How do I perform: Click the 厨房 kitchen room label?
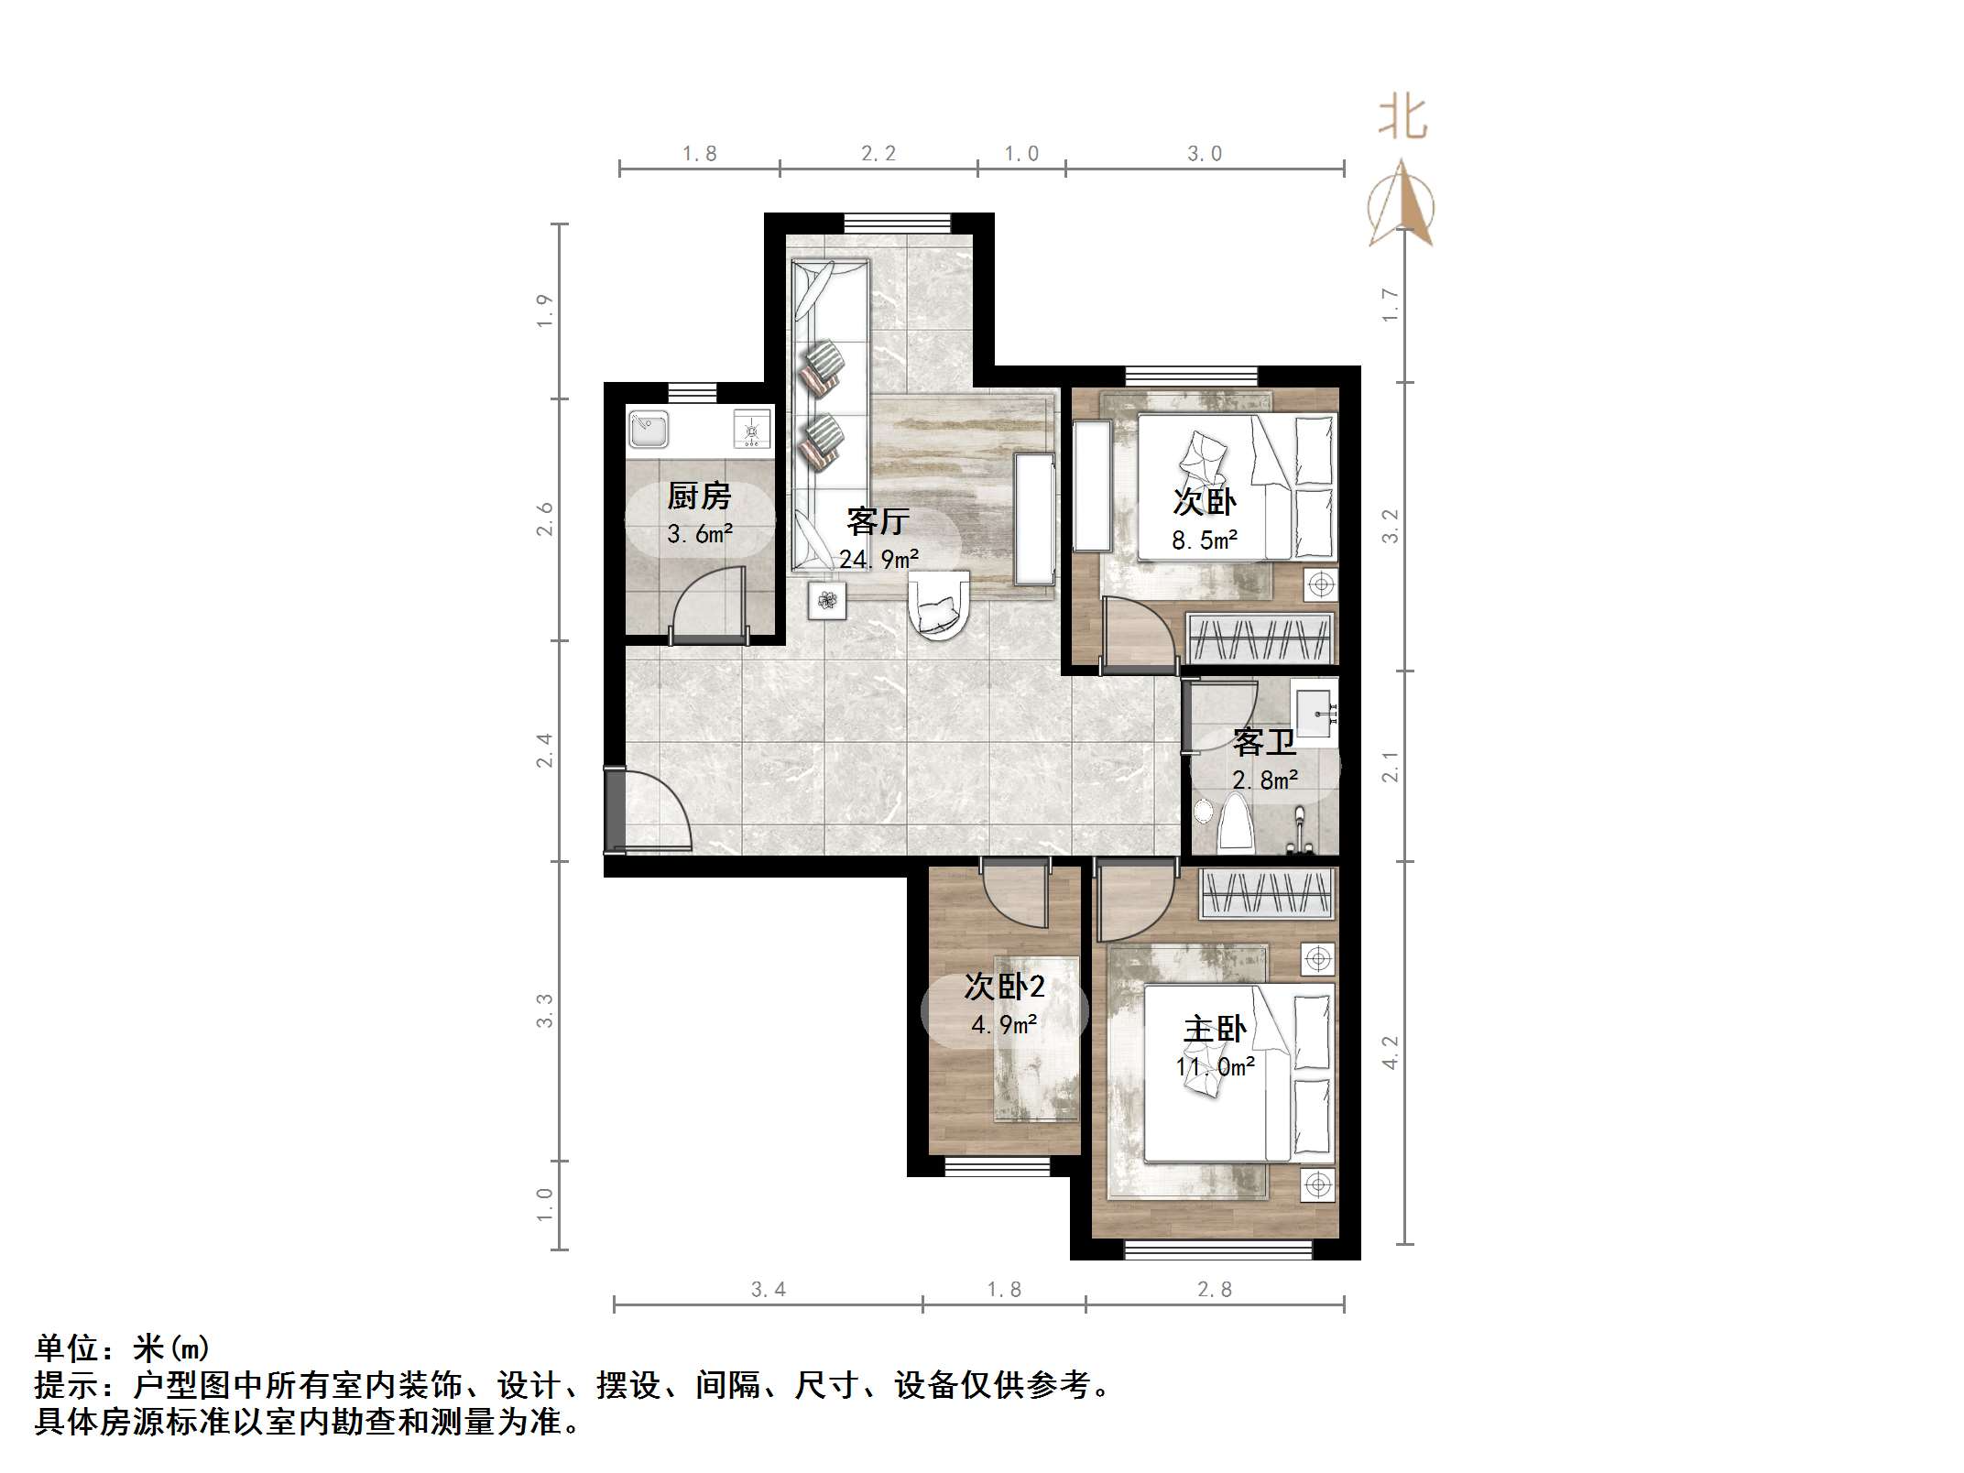(x=699, y=496)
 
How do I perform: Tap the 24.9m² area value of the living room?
(x=878, y=559)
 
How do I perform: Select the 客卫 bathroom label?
(x=1264, y=742)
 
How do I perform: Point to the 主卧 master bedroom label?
(x=1215, y=1030)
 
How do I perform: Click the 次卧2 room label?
(x=1004, y=987)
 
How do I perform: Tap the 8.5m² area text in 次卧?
(x=1205, y=540)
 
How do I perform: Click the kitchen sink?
(x=649, y=429)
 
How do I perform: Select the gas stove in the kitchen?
(x=752, y=429)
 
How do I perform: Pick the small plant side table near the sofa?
(x=827, y=601)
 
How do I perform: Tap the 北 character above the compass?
(x=1402, y=120)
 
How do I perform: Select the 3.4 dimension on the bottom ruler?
(x=768, y=1290)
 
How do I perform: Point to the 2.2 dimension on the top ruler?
(x=878, y=154)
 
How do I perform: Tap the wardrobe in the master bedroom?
(x=1267, y=893)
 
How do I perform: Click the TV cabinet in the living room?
(x=1035, y=518)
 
